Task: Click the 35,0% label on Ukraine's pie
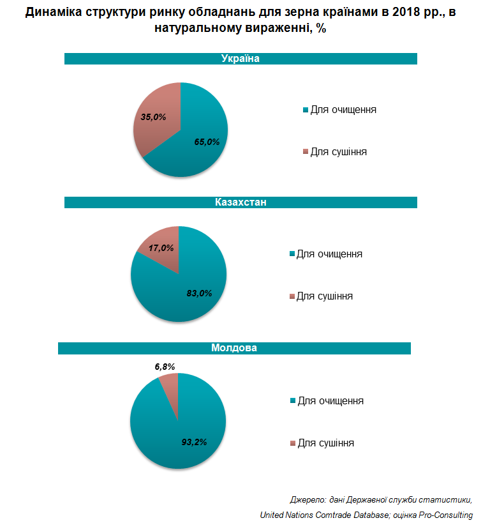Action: click(x=153, y=117)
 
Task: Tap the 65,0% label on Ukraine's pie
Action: click(x=207, y=142)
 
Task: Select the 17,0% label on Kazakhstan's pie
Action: click(x=161, y=248)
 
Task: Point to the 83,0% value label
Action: click(x=199, y=293)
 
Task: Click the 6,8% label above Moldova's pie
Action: click(x=165, y=367)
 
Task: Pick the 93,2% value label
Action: click(x=194, y=442)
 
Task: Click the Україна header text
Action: click(x=241, y=58)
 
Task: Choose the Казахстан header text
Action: click(x=241, y=202)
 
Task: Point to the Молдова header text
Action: click(x=234, y=348)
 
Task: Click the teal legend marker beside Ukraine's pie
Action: click(x=306, y=110)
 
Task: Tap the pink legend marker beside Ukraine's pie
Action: click(x=306, y=151)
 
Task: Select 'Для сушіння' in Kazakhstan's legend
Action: click(x=325, y=296)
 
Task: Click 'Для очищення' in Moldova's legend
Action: click(x=330, y=401)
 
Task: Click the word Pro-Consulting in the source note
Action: click(x=446, y=515)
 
